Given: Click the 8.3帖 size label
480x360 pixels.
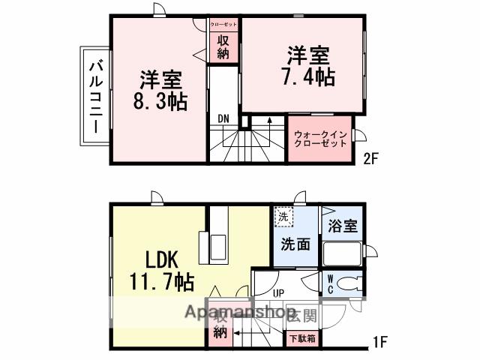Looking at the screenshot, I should click(x=160, y=102).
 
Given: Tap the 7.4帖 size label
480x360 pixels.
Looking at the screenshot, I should click(x=309, y=76).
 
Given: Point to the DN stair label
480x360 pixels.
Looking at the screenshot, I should click(x=223, y=118).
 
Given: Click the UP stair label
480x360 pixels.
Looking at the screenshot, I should click(x=277, y=293).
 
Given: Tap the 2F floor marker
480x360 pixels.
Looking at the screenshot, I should click(x=372, y=159).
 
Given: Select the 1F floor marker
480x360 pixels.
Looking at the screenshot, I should click(x=379, y=343).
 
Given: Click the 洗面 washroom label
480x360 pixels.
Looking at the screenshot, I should click(x=296, y=244).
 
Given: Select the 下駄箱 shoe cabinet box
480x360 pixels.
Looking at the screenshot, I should click(x=302, y=338).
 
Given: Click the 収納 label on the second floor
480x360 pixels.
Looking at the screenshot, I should click(x=223, y=46).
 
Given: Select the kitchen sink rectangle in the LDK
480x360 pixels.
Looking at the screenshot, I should click(x=219, y=245).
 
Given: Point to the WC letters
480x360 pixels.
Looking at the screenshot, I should click(x=329, y=283).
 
